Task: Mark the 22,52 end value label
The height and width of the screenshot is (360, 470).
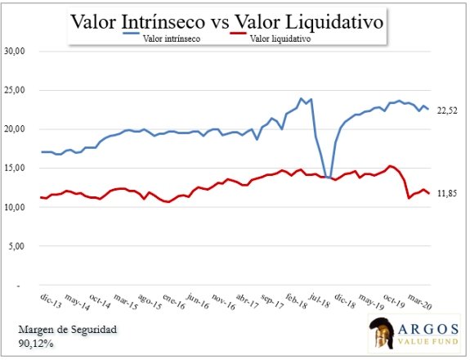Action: pos(447,110)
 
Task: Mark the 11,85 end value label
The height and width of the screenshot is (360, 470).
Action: pos(447,194)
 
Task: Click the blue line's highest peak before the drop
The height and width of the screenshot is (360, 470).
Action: pos(301,99)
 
